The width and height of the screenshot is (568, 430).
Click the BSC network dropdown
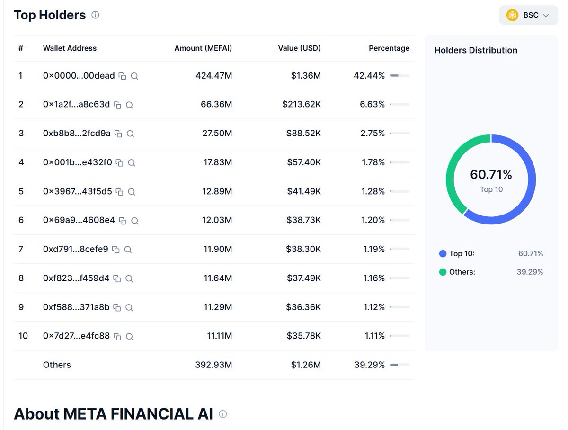point(528,15)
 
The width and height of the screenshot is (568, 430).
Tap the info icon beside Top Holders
point(95,15)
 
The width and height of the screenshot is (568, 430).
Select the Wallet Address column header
point(70,48)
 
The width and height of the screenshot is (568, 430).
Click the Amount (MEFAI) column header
point(203,48)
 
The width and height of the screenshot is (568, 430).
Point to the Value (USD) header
point(299,48)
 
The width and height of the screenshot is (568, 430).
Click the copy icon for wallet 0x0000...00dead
point(123,76)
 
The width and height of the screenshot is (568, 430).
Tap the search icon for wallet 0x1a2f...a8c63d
point(130,105)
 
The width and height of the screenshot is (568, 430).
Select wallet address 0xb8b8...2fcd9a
point(77,134)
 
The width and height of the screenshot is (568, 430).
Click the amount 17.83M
point(218,162)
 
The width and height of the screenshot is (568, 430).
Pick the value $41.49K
point(303,191)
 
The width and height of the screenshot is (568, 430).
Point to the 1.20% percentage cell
point(373,220)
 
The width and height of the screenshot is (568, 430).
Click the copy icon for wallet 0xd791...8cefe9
point(116,250)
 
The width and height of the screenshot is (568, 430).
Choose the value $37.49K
point(303,278)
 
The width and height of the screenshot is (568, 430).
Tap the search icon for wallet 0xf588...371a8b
point(129,308)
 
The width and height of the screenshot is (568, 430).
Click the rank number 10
point(23,336)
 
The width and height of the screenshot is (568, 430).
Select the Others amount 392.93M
point(213,365)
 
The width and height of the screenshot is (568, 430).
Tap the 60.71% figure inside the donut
point(491,175)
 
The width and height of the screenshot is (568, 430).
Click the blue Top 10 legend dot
point(443,254)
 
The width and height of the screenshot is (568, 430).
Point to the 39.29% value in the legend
point(530,272)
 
